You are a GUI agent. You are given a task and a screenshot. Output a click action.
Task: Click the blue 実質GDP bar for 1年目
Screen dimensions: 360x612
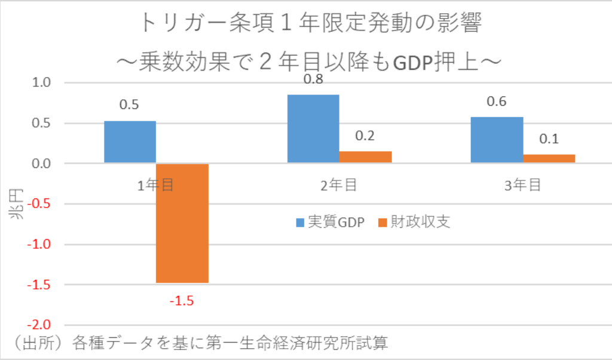point(130,142)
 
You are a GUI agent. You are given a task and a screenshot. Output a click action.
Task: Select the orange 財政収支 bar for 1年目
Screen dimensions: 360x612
point(182,223)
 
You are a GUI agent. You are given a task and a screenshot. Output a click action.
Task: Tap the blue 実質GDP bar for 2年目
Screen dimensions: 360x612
point(313,129)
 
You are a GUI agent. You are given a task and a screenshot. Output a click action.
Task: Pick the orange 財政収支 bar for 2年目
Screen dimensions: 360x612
point(365,157)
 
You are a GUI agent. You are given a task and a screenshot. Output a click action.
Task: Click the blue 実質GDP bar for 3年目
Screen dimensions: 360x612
point(497,140)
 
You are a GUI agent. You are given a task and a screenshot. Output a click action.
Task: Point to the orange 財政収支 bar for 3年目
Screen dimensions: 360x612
point(549,158)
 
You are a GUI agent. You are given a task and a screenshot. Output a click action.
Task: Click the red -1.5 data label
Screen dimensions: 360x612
point(182,300)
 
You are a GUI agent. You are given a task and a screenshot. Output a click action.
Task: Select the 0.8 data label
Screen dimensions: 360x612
point(313,80)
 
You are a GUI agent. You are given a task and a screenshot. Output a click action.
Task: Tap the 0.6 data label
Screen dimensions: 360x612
point(497,102)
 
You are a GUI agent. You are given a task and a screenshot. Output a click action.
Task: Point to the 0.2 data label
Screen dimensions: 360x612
point(365,136)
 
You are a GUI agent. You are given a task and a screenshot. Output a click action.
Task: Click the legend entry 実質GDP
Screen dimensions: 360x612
point(330,223)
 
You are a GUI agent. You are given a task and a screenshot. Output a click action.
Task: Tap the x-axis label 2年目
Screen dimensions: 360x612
point(339,185)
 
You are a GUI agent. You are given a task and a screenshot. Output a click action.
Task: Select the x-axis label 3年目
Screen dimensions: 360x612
point(522,185)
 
